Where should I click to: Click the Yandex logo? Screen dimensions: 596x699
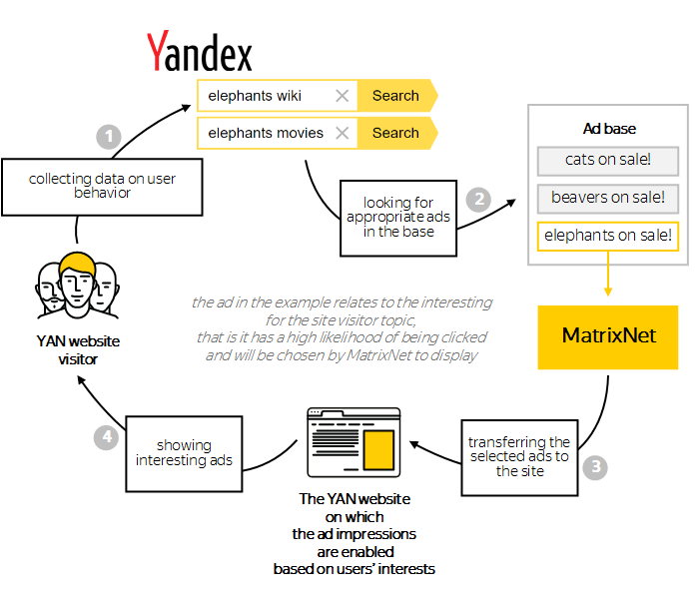tap(200, 51)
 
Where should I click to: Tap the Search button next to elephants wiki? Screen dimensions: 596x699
tap(395, 96)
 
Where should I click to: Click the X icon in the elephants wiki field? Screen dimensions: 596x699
tap(343, 96)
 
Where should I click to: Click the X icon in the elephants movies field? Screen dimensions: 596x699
tap(343, 133)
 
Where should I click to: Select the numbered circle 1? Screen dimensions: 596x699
tap(108, 136)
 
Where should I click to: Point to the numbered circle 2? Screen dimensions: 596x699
tap(480, 198)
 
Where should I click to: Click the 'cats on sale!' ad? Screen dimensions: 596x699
tap(607, 160)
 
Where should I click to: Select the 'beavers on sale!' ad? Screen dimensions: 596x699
tap(607, 198)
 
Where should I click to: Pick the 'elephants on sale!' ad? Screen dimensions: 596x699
tap(607, 237)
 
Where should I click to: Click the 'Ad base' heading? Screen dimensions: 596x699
tap(609, 129)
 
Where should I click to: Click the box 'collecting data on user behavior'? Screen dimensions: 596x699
tap(103, 186)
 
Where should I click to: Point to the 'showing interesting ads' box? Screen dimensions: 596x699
tap(184, 452)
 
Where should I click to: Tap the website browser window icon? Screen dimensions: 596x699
tap(353, 443)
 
